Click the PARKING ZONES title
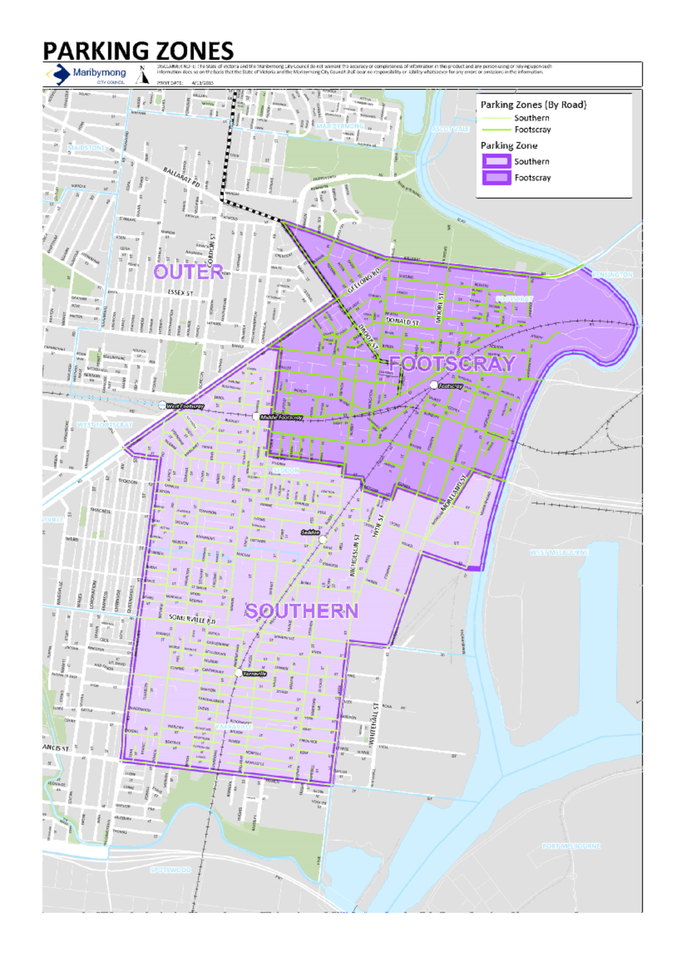click(138, 51)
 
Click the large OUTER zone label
click(188, 272)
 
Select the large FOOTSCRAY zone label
click(452, 364)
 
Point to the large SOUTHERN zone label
click(302, 611)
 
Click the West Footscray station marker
click(162, 405)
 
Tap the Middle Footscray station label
click(281, 417)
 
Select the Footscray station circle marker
click(434, 385)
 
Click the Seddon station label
click(310, 532)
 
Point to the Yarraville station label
click(254, 674)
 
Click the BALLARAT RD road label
click(181, 178)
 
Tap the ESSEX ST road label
click(180, 293)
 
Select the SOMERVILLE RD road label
click(192, 619)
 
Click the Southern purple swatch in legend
click(496, 161)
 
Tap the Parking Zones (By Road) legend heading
click(533, 105)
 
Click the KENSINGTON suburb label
click(612, 275)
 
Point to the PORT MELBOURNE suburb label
click(571, 846)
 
